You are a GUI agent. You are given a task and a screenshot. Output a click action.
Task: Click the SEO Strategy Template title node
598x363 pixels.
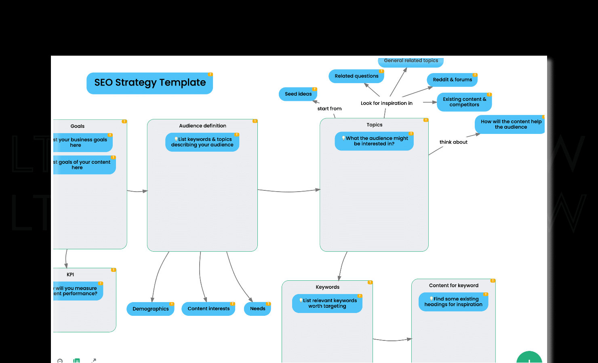[149, 83]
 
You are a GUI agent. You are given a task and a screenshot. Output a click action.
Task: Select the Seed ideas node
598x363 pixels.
[298, 94]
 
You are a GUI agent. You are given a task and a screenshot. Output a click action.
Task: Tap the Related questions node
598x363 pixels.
[356, 76]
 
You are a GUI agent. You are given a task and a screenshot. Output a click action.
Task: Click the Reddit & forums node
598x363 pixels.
[452, 80]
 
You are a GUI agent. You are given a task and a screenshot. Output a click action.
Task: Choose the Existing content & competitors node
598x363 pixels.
[464, 102]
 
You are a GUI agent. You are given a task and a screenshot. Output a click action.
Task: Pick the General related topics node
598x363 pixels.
[411, 61]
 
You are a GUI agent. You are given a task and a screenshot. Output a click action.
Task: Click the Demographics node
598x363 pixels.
[150, 309]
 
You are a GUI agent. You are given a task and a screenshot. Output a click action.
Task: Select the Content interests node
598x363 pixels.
[208, 309]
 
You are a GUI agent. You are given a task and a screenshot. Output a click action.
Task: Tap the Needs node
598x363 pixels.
[257, 309]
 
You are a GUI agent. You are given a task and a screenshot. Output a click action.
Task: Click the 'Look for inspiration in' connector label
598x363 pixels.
[386, 103]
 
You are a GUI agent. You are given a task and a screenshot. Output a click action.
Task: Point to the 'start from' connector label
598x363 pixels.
[329, 109]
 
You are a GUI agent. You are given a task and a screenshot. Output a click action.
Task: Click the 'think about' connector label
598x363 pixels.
[453, 142]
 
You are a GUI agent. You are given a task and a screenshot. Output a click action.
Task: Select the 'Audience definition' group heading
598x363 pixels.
[202, 126]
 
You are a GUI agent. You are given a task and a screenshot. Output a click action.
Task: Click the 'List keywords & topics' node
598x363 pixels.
[202, 142]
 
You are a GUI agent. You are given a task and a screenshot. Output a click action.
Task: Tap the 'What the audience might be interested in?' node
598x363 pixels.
[374, 141]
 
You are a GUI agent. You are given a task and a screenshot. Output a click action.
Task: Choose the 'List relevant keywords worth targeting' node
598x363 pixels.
[327, 303]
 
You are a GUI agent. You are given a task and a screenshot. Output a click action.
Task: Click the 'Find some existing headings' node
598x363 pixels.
[453, 302]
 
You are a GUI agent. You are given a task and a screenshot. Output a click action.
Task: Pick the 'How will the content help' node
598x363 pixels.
[510, 124]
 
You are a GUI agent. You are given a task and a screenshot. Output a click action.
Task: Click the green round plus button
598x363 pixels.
[529, 358]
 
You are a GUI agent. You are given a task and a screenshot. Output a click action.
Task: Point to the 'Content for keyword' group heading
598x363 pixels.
[453, 286]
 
